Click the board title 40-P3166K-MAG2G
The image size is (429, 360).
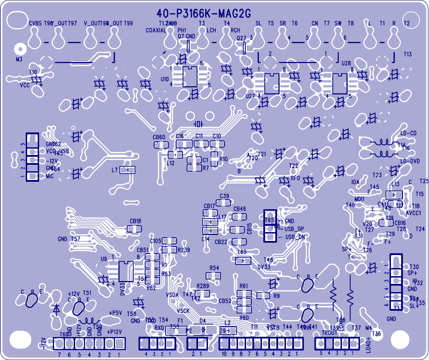pos(204,14)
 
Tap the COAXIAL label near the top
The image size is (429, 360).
pos(155,31)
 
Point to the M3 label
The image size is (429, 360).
pos(19,59)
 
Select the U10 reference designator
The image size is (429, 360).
pos(165,79)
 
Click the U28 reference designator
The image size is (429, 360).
pos(346,63)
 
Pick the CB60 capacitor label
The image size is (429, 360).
pos(159,137)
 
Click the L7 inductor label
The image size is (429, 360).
pos(115,170)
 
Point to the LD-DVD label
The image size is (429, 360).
pos(410,161)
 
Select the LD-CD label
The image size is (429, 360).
pos(408,133)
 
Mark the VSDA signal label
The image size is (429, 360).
pos(172,295)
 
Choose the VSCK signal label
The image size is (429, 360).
pos(183,311)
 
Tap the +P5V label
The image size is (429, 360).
pos(115,313)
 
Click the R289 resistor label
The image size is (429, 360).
pos(203,286)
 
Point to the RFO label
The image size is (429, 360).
pos(295,178)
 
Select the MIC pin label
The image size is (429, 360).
pos(50,176)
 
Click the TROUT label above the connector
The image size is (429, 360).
pos(330,333)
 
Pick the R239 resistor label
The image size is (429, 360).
pos(184,250)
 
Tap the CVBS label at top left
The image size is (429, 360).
pos(35,23)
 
